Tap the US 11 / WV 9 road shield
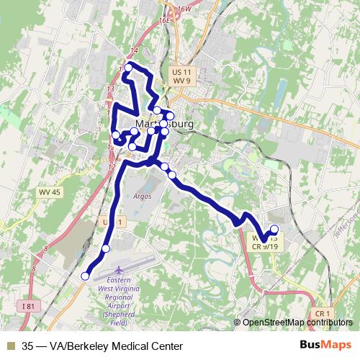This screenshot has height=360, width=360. (x=181, y=76)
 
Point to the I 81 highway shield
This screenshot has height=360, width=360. (x=28, y=307)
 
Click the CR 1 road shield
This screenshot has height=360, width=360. (x=322, y=314)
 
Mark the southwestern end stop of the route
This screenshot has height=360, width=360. (x=85, y=276)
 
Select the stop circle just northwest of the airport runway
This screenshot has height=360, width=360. (x=106, y=248)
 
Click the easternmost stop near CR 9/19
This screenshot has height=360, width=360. (x=274, y=230)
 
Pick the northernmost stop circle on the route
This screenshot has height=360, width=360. (x=129, y=68)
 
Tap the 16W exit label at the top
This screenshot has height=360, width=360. (x=184, y=8)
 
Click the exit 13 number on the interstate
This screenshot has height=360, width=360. (x=110, y=89)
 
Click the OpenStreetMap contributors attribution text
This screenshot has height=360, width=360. (x=297, y=323)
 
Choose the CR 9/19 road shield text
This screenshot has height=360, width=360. (x=265, y=246)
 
